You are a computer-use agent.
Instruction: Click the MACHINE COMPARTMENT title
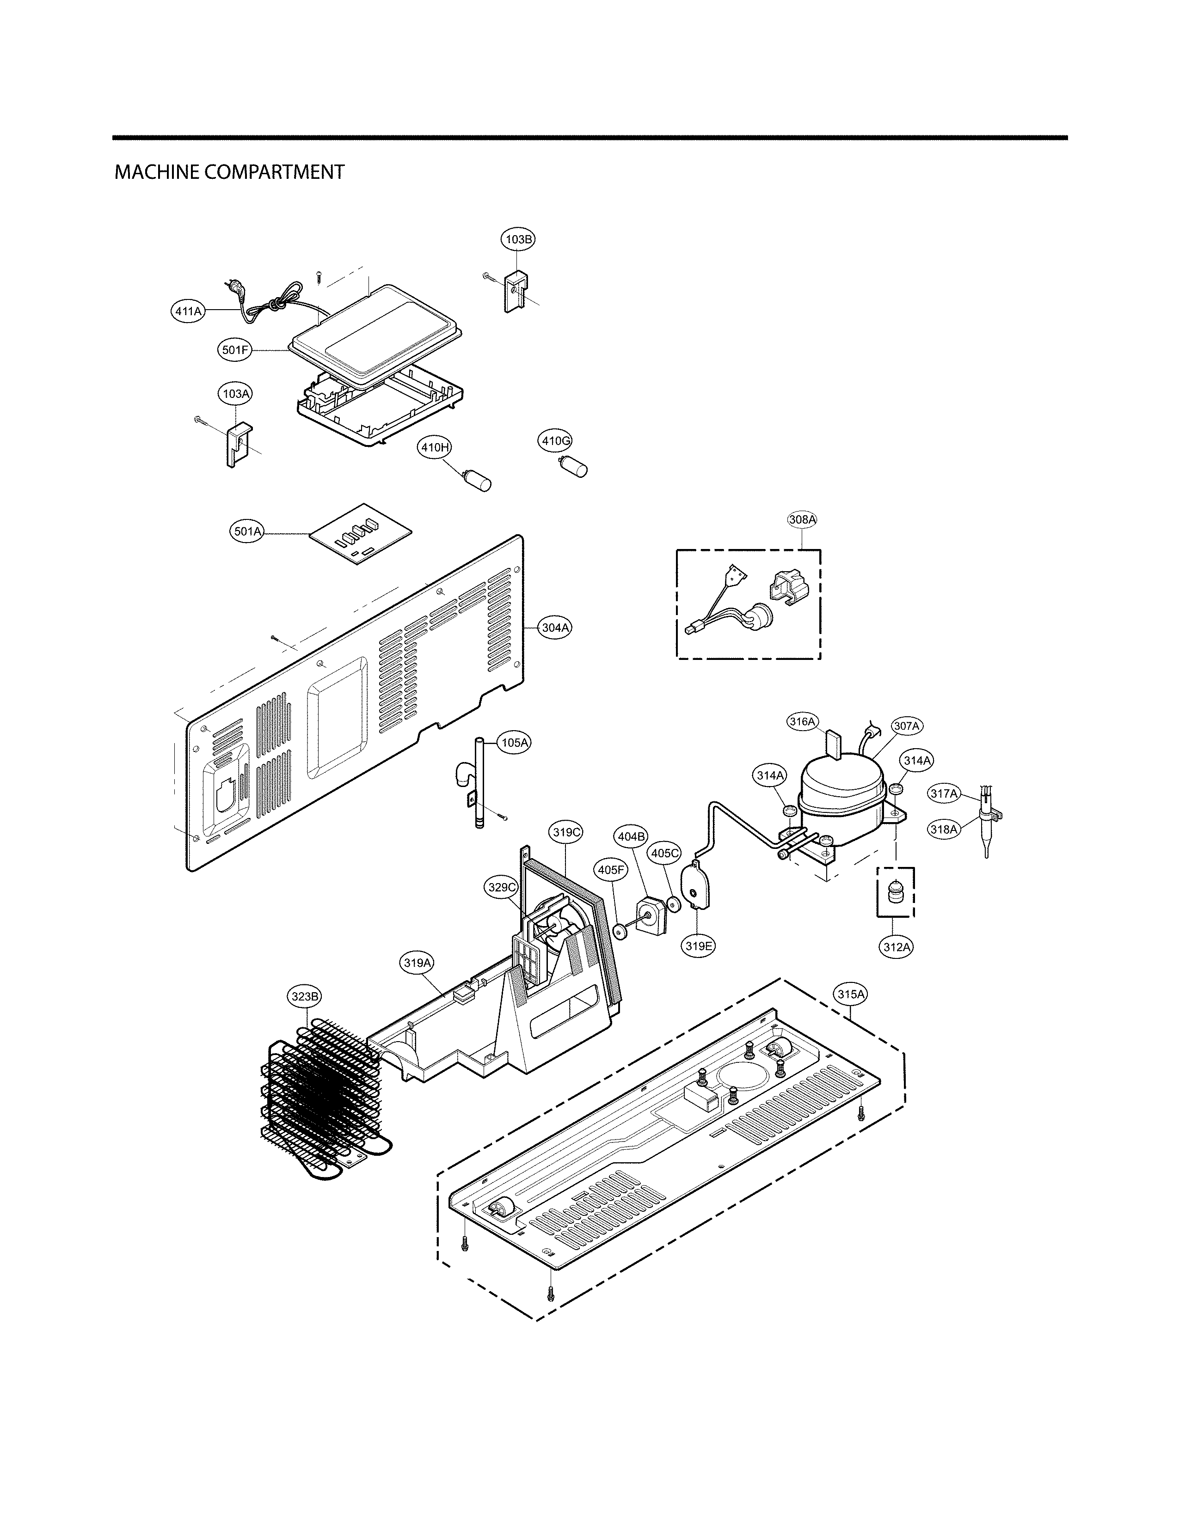(229, 172)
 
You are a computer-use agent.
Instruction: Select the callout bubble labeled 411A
(188, 311)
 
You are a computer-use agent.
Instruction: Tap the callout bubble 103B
(518, 239)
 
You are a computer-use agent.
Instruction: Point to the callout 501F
(235, 351)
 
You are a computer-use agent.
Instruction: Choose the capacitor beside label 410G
(577, 466)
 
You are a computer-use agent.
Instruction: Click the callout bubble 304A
(555, 628)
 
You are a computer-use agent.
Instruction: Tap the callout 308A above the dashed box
(802, 519)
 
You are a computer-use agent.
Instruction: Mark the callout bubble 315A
(851, 994)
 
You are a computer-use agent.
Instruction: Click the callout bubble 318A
(943, 830)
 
